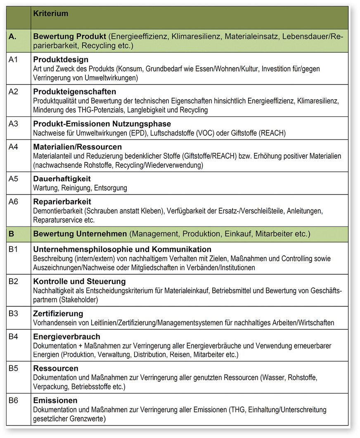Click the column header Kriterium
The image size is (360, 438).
(x=51, y=14)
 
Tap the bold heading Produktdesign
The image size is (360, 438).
(x=61, y=60)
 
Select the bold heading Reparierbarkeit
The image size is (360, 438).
(x=62, y=202)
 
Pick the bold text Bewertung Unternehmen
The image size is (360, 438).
(x=80, y=234)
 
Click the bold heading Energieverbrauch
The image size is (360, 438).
(x=66, y=337)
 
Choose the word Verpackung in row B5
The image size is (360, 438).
(x=50, y=387)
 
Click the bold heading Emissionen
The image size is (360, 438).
(x=55, y=400)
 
